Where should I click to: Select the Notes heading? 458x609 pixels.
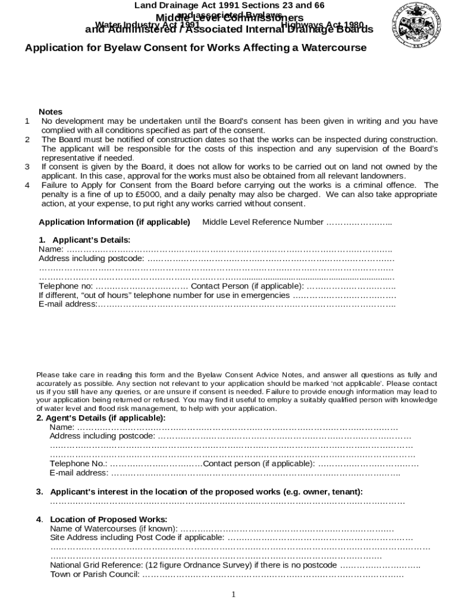point(51,112)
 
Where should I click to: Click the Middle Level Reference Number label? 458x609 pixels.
point(263,222)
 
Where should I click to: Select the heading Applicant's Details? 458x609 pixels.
point(84,240)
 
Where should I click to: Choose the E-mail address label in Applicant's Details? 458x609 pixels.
point(67,304)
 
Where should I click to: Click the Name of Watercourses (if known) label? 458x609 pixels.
point(114,529)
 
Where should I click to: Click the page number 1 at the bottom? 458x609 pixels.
point(233,595)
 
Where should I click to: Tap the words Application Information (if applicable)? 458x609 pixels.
point(114,222)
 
